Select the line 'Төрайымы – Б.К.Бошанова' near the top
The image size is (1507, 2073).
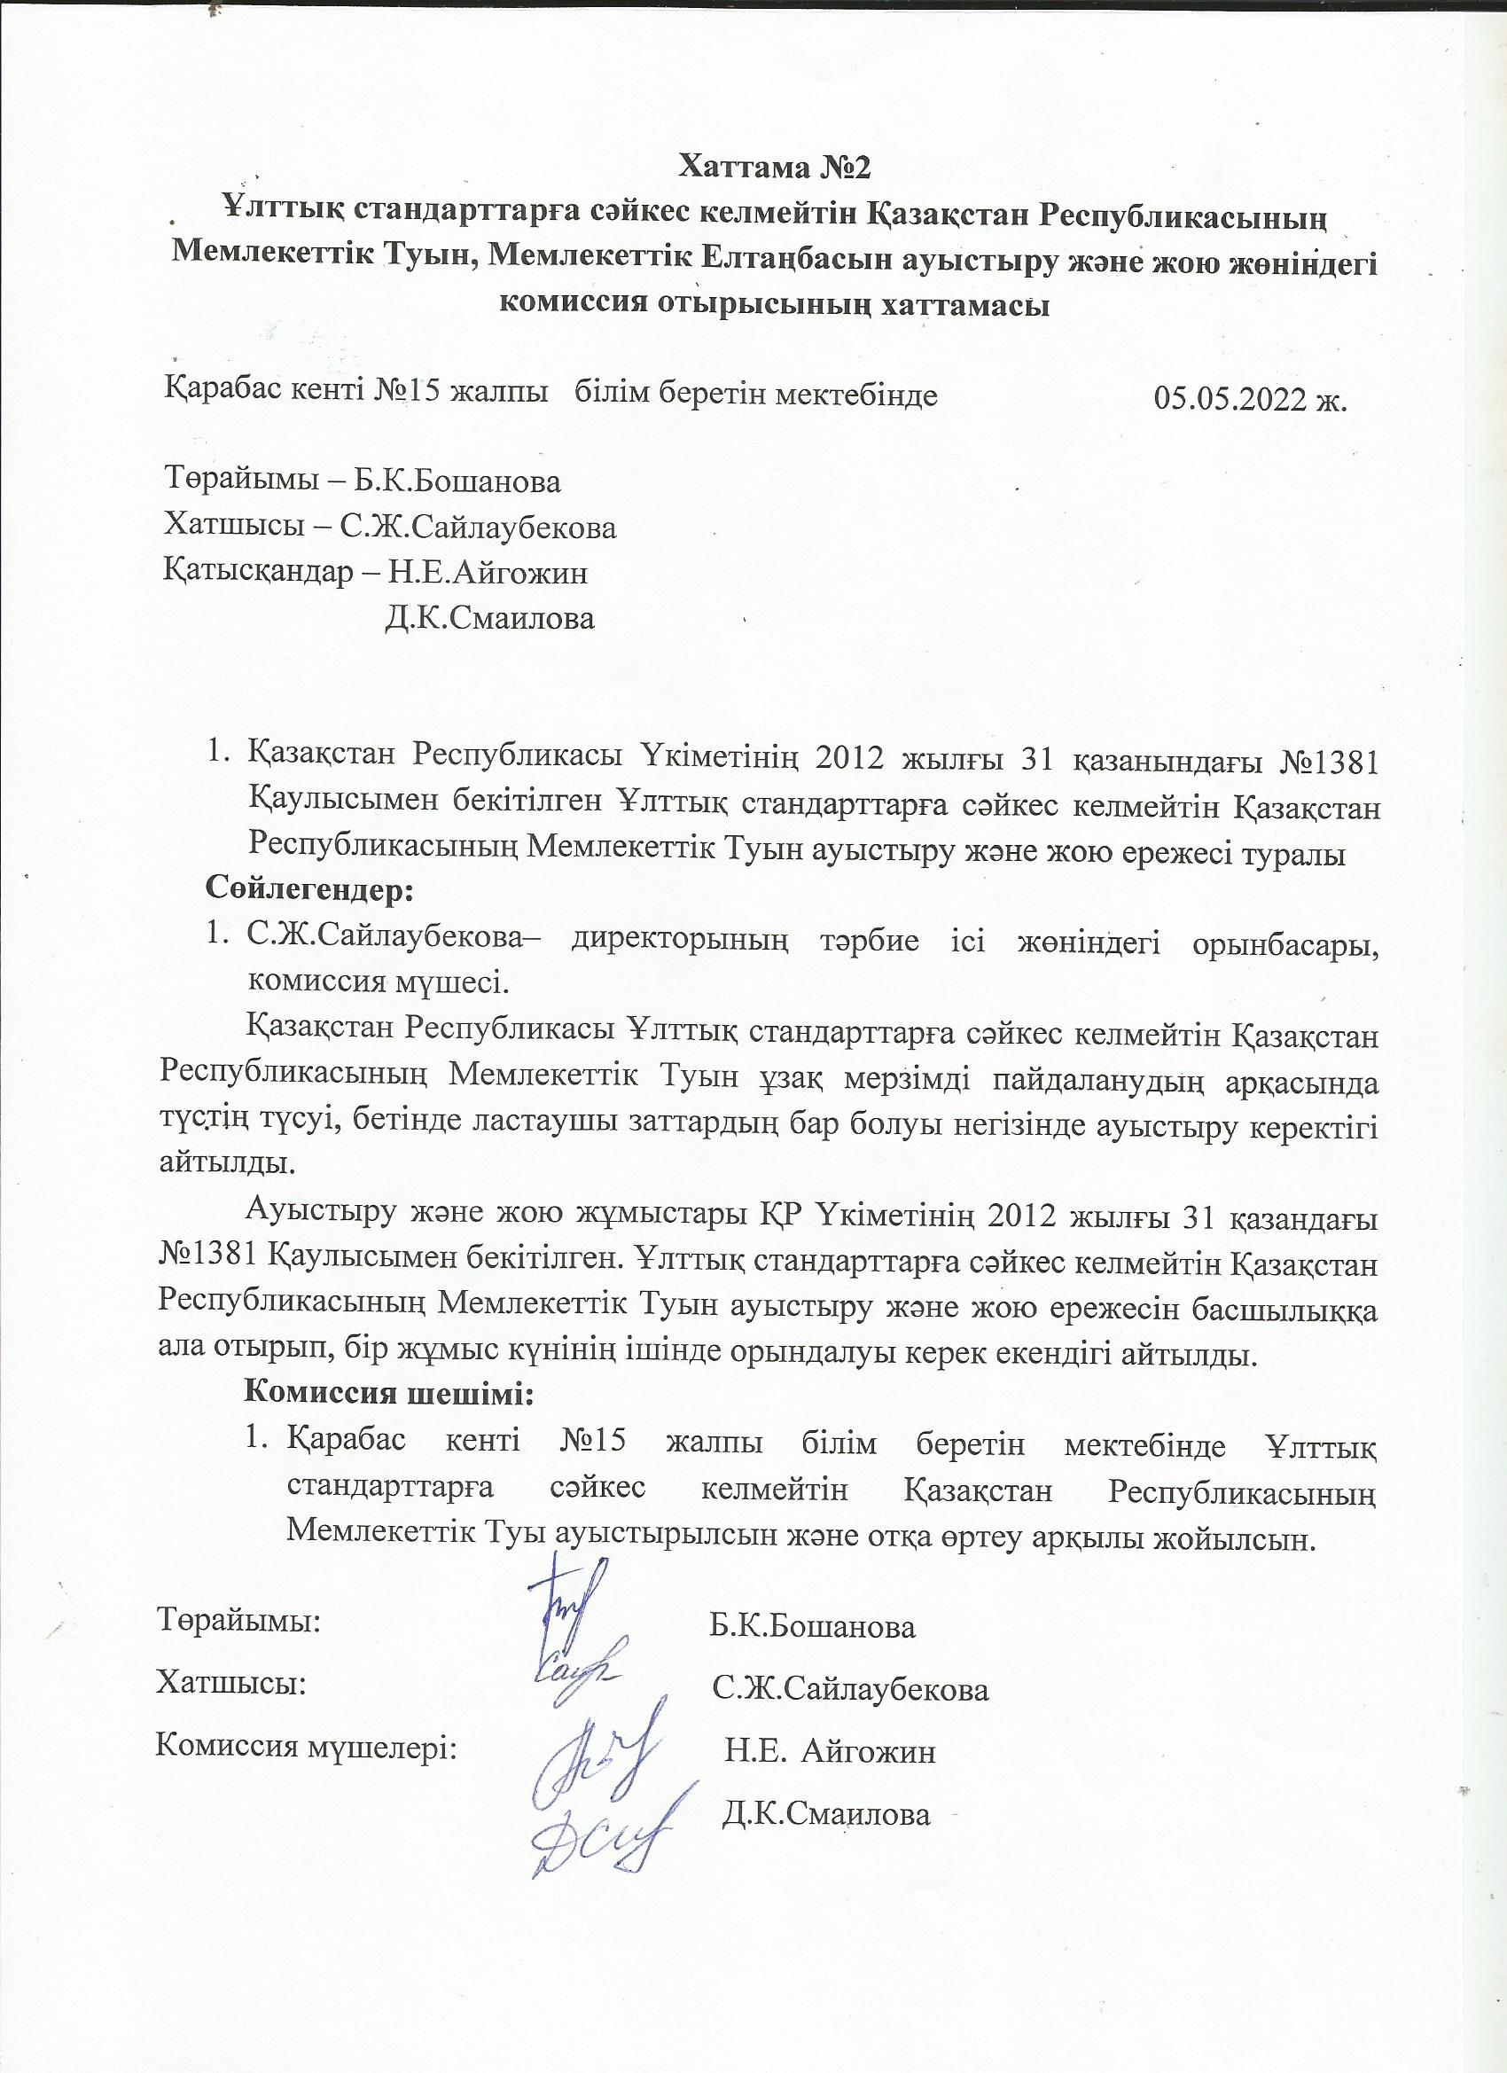click(x=362, y=481)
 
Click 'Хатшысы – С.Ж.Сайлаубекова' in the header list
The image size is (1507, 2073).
click(x=389, y=527)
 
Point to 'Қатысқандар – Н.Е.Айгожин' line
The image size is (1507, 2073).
click(x=375, y=572)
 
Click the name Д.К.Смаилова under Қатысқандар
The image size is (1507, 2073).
click(x=490, y=618)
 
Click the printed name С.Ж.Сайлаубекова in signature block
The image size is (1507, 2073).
click(x=851, y=1689)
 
